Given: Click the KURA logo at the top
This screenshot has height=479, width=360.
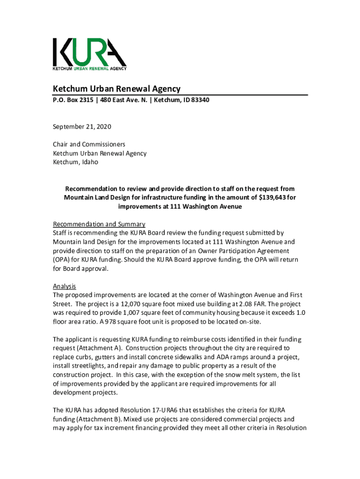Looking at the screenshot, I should [89, 54].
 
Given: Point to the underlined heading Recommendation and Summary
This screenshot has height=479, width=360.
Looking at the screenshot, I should [99, 224].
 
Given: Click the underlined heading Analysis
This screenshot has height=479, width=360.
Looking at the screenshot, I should [65, 286].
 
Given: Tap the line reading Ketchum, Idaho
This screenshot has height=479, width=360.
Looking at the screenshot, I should [75, 162].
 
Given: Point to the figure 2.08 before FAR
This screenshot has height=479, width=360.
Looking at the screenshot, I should [245, 304].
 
